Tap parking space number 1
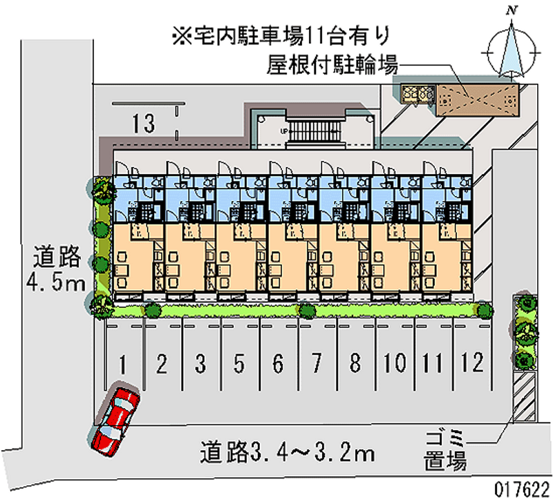pyautogui.click(x=122, y=363)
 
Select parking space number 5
pyautogui.click(x=238, y=363)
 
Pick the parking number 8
pyautogui.click(x=355, y=363)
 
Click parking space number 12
pyautogui.click(x=473, y=363)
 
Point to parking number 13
pyautogui.click(x=144, y=124)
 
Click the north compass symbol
pyautogui.click(x=512, y=48)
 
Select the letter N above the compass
pyautogui.click(x=512, y=10)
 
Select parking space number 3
pyautogui.click(x=200, y=363)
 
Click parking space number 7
pyautogui.click(x=317, y=363)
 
